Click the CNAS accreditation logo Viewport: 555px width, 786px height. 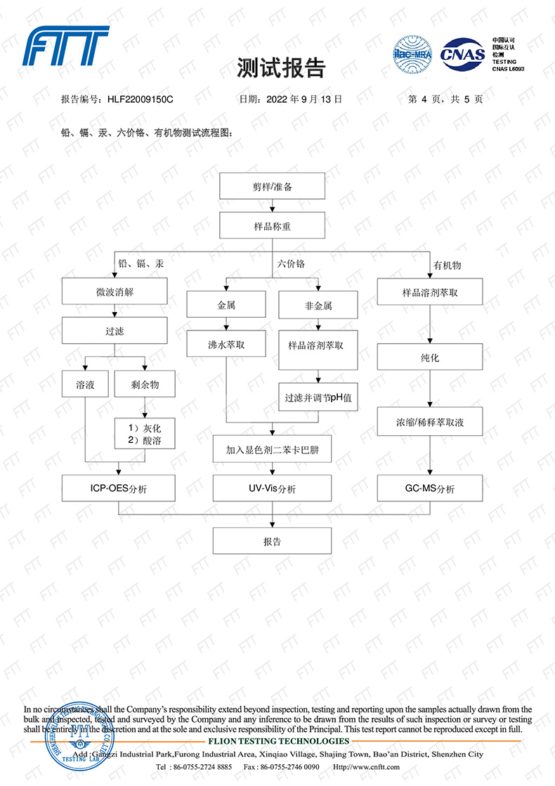click(462, 53)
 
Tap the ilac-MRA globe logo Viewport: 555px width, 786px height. click(412, 53)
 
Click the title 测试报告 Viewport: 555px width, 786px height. click(281, 67)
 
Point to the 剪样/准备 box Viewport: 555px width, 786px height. click(272, 186)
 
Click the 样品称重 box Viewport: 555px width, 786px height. click(272, 226)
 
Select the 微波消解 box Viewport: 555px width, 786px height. click(115, 291)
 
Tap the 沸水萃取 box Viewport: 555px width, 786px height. click(226, 344)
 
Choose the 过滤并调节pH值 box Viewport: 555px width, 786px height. click(318, 397)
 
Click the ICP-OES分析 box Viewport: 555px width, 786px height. click(118, 488)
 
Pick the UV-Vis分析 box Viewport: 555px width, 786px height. click(272, 488)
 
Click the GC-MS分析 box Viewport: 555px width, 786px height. click(430, 488)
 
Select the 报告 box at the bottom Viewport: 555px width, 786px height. click(272, 541)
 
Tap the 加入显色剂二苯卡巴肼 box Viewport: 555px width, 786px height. click(272, 449)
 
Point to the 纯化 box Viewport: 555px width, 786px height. click(430, 357)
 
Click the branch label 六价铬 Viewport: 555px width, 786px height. click(291, 264)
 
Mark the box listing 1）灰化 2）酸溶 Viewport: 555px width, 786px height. click(144, 434)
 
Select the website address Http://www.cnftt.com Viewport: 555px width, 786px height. click(366, 766)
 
